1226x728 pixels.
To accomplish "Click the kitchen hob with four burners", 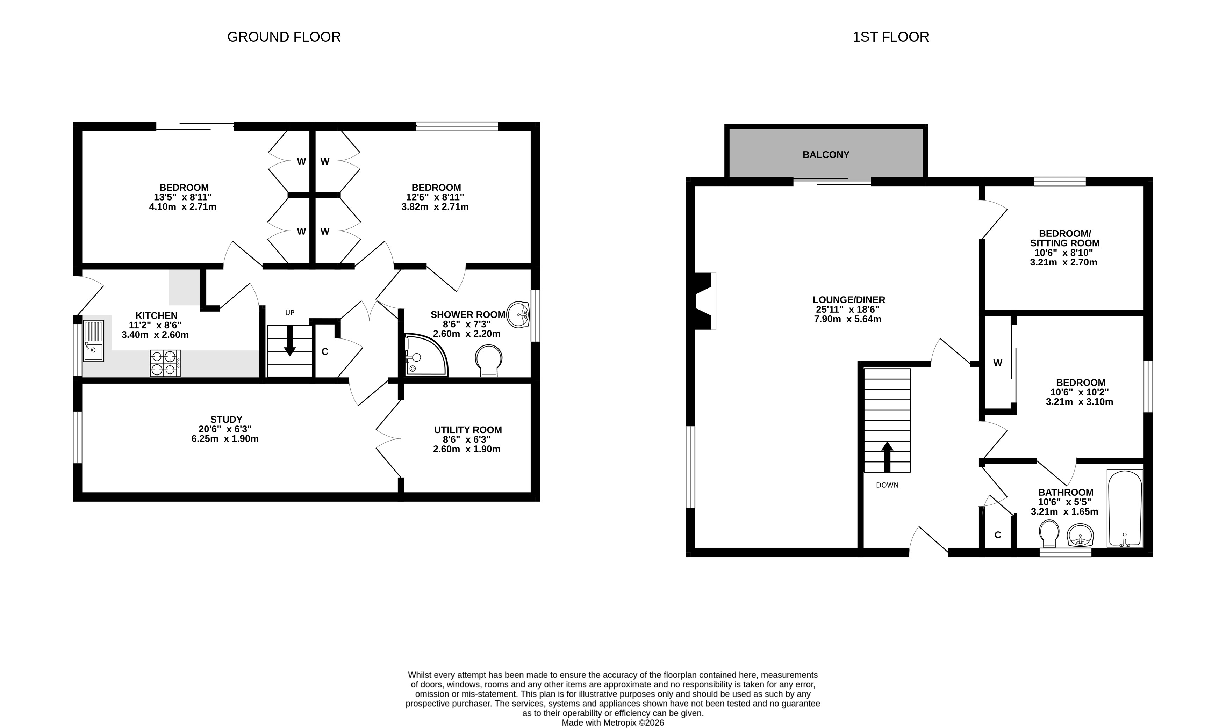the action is [x=165, y=363].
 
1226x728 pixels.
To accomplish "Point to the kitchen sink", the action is [x=93, y=341].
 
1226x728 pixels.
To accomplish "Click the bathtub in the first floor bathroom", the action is [x=1125, y=508].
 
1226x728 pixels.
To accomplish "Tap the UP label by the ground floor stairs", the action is [x=290, y=313].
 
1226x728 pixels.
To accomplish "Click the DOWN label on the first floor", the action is [x=887, y=485].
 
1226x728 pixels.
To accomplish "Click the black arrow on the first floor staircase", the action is [x=887, y=457].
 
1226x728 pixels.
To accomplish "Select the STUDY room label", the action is [x=226, y=420].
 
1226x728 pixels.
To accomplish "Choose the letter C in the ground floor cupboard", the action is [x=325, y=352].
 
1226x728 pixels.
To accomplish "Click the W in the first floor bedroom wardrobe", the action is [x=998, y=363].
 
